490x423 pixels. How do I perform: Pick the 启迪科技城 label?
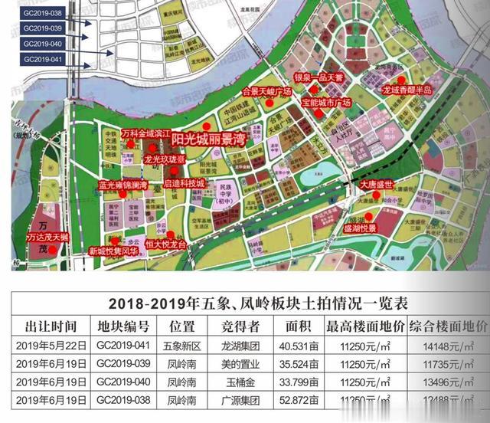tap(185, 184)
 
